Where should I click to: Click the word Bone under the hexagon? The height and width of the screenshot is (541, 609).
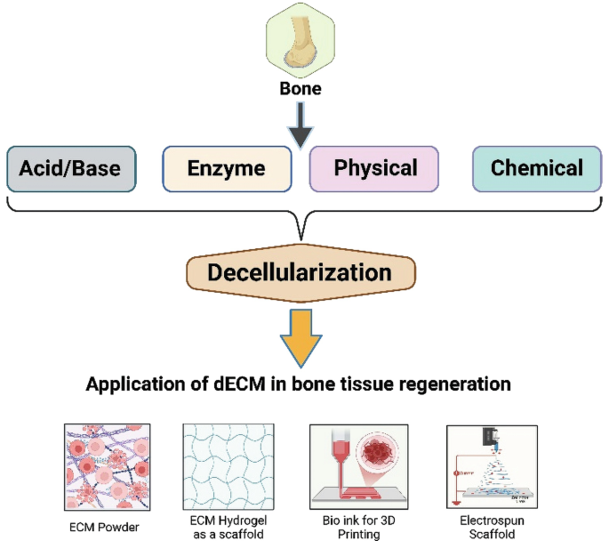tap(300, 89)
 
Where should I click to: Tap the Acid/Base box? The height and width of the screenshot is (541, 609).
tap(70, 167)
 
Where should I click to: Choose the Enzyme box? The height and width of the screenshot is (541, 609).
tap(227, 167)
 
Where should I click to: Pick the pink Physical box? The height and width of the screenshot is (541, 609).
tap(374, 167)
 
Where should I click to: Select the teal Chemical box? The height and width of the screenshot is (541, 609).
tap(536, 167)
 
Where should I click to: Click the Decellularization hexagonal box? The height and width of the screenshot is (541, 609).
tap(300, 272)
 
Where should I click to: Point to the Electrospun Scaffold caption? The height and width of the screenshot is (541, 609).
tap(491, 527)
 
